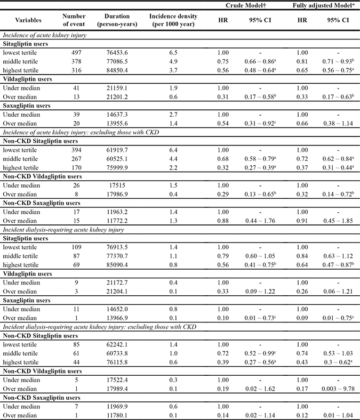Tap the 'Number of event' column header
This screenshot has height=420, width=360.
pyautogui.click(x=75, y=20)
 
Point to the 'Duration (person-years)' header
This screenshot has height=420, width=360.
pyautogui.click(x=117, y=20)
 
